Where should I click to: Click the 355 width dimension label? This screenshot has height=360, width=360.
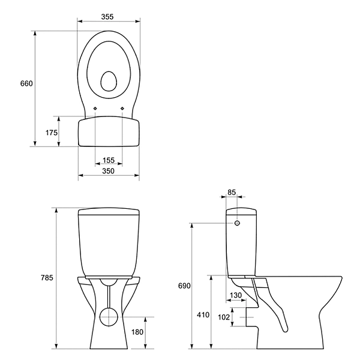tap(107, 17)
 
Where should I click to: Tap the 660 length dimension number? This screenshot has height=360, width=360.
tap(26, 83)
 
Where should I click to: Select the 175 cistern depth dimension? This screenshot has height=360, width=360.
tap(52, 133)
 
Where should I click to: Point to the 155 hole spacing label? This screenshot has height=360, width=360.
tap(109, 160)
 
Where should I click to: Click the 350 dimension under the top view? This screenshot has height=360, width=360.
tap(108, 171)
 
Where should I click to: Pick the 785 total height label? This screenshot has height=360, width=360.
tap(47, 278)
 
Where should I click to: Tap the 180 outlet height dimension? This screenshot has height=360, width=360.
tap(137, 332)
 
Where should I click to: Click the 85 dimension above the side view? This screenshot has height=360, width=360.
tap(232, 192)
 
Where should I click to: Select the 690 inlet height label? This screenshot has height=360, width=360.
tap(184, 286)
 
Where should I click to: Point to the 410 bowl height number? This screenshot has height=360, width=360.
tap(203, 315)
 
